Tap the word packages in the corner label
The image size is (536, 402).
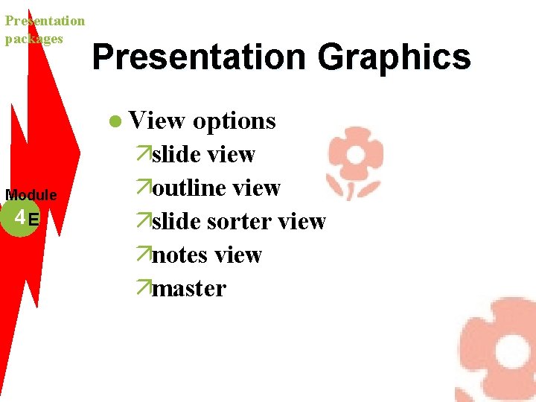coord(33,39)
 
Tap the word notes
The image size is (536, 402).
coord(179,255)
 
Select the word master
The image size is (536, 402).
coord(188,288)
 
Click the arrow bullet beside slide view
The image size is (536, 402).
coord(144,154)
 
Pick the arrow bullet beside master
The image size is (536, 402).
coord(144,288)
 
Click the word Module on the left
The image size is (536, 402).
coord(31,195)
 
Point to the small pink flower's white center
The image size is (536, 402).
coord(355,155)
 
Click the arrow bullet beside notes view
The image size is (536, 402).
coord(144,255)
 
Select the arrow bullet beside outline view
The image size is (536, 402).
coord(144,188)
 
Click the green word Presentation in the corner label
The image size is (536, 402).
coord(45,21)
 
